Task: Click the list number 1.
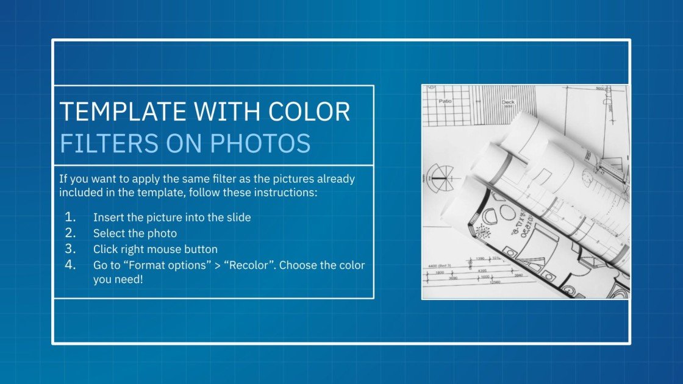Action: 71,217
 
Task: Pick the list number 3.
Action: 71,249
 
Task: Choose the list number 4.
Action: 71,265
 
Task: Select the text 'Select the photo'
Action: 135,233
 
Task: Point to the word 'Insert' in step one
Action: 108,217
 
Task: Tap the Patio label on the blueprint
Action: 445,101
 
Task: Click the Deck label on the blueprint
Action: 508,102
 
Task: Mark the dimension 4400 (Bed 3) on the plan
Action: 442,266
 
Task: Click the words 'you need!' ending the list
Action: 118,280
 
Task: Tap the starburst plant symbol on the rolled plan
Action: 483,231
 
